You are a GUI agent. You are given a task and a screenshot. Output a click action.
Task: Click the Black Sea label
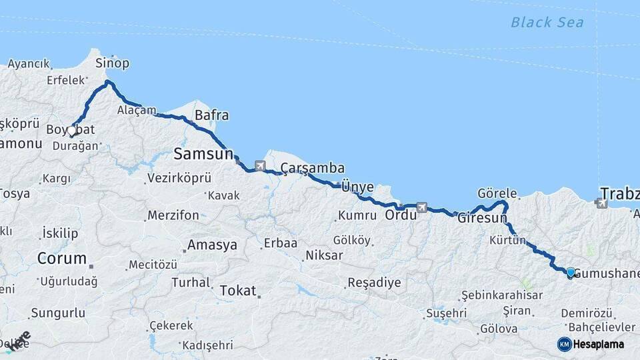point(547,23)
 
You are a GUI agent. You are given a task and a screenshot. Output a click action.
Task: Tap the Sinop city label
point(112,63)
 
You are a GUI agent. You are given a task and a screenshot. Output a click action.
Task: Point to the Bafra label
point(211,115)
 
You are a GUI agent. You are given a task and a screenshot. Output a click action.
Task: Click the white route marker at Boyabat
point(72,131)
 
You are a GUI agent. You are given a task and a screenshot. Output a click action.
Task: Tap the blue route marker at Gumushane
point(571,272)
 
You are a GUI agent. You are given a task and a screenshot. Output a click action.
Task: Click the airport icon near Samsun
point(259,164)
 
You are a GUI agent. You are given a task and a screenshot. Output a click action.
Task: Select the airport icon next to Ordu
point(421,207)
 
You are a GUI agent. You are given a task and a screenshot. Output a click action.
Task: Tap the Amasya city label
point(212,245)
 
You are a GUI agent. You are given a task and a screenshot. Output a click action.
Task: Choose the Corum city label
point(61,258)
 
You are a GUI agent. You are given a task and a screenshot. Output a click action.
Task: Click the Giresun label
point(483,218)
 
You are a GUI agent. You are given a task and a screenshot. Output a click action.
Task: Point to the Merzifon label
point(173,215)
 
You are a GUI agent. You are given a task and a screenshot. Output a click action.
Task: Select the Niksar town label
point(324,255)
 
